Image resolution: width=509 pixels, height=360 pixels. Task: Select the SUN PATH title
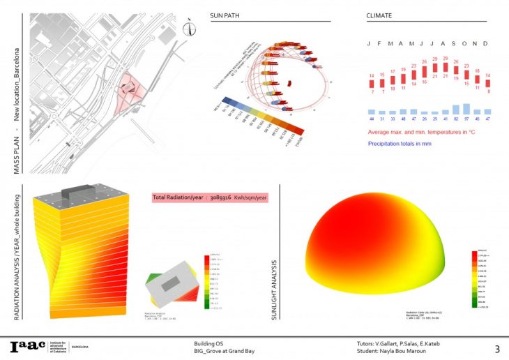[x=226, y=15]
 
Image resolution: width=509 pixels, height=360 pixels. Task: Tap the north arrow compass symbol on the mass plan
[x=189, y=27]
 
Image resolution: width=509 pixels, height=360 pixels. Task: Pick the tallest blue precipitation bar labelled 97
[x=465, y=108]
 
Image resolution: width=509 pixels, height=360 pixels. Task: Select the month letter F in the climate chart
[x=383, y=43]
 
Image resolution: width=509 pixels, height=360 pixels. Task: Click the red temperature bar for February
[x=383, y=83]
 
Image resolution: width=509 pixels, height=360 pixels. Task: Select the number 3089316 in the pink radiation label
[x=219, y=197]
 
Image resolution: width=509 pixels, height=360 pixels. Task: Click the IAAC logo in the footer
[x=26, y=347]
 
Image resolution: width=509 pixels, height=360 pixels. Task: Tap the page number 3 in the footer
[x=497, y=348]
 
